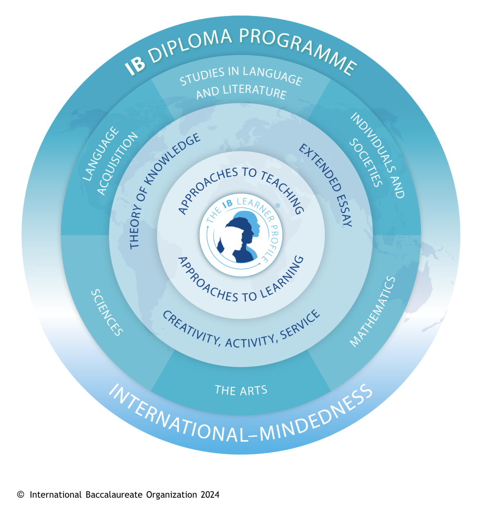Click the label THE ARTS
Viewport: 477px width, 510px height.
[x=241, y=390]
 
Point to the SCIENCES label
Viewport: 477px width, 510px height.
[x=107, y=312]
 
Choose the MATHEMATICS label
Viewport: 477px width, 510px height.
[x=373, y=312]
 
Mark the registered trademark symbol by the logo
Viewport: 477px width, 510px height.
[x=277, y=205]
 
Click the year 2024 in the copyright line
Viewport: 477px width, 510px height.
[x=210, y=495]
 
